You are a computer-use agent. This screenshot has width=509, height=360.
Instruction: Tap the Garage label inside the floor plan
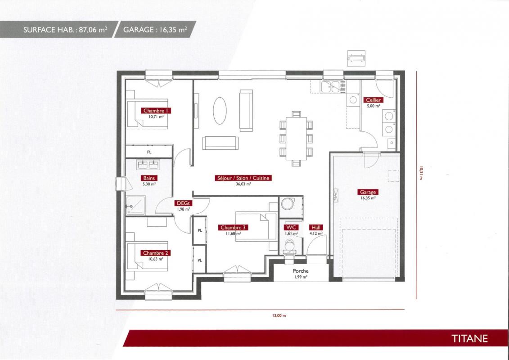pos(368,192)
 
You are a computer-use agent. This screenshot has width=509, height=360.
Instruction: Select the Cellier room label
pos(373,100)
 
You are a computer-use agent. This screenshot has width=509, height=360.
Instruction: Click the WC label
pos(291,228)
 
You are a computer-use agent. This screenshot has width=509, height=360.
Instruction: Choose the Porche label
pos(301,271)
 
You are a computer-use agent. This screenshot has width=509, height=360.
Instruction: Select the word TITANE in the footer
pos(470,338)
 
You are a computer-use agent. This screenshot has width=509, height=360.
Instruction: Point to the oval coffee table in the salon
pos(220,110)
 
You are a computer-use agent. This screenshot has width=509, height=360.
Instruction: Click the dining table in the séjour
pos(296,139)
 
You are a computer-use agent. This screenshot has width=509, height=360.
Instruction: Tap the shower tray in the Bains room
pos(135,205)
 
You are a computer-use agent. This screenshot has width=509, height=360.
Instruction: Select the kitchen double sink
pos(330,86)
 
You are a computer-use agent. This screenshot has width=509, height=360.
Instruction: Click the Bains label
pos(149,178)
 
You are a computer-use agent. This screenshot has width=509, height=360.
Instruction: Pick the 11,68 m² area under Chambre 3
pos(233,233)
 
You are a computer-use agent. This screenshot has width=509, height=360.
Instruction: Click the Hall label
pos(315,228)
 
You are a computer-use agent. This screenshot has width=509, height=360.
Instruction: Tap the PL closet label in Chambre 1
pos(149,152)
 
